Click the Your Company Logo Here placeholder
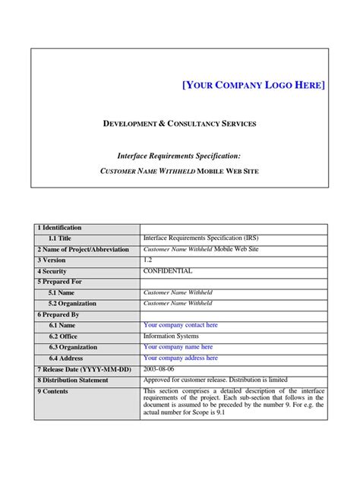(x=254, y=84)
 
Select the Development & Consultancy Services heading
(x=179, y=123)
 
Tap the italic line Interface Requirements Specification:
(x=179, y=154)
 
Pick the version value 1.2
(x=148, y=259)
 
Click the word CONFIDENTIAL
(x=168, y=270)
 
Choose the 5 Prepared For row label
(x=59, y=282)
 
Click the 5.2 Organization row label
(x=72, y=303)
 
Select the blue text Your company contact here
(x=181, y=325)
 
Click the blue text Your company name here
(x=178, y=346)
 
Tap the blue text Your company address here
(x=181, y=358)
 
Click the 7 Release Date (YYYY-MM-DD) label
(x=84, y=369)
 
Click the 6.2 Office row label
(x=63, y=336)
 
